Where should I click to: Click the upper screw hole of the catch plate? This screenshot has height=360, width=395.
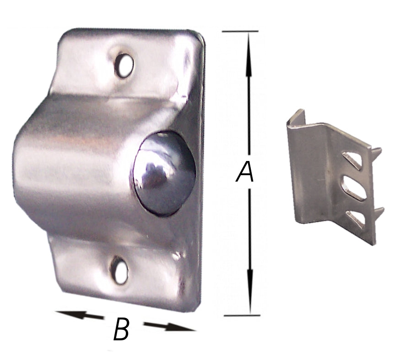point(124,65)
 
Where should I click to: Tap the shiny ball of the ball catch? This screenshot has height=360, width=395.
point(164,174)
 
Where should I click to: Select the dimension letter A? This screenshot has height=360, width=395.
point(244,172)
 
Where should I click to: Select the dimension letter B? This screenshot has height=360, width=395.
point(121,329)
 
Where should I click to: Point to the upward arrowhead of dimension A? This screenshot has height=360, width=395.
point(249,54)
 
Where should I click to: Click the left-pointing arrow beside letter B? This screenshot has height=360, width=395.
point(79,315)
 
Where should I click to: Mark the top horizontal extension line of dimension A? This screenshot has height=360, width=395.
point(240,31)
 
